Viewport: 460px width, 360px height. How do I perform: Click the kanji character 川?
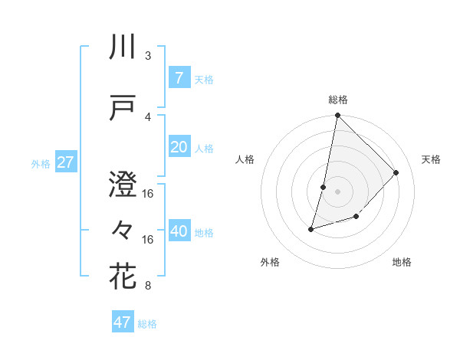pos(123,47)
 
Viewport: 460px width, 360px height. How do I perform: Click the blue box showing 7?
pos(179,77)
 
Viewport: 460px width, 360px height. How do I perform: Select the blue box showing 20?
pos(179,147)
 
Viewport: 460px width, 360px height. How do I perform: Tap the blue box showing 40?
pos(179,231)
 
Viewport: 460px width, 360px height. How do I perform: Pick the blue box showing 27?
pos(65,162)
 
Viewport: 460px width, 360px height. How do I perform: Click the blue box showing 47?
pos(123,322)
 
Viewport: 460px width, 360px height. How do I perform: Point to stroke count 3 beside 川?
pos(148,56)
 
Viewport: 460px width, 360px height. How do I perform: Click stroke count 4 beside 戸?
pos(148,117)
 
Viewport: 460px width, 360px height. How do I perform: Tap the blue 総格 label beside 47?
pos(147,324)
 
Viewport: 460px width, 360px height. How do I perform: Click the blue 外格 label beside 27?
pos(41,163)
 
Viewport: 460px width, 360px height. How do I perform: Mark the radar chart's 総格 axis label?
pos(338,100)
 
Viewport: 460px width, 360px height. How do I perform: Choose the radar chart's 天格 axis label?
pos(431,159)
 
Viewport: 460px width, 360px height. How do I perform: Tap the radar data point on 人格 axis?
pos(324,187)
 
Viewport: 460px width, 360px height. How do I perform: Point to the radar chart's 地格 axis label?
pos(402,262)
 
